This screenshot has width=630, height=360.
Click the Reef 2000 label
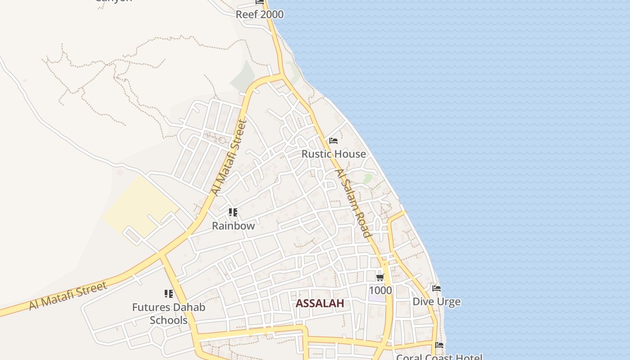[x=260, y=14]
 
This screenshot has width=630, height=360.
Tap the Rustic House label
[x=333, y=154]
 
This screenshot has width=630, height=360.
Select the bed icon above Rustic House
[x=333, y=141]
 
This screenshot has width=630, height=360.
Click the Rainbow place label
[x=233, y=226]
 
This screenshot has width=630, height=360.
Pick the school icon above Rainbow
[x=233, y=212]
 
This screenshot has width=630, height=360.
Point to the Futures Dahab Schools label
[x=169, y=314]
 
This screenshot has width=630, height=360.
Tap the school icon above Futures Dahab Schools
[x=169, y=294]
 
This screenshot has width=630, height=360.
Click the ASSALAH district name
[x=320, y=303]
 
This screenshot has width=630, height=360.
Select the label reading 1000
[x=380, y=290]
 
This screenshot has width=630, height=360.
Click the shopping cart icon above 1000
[x=380, y=277]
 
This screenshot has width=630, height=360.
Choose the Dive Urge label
[x=436, y=301]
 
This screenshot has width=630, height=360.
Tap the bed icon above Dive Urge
[x=436, y=288]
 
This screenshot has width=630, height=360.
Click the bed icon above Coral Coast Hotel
[x=439, y=345]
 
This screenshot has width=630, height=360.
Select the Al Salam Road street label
[x=354, y=203]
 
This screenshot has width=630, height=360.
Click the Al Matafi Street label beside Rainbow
[x=229, y=157]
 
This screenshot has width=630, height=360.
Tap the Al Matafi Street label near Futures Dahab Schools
[x=68, y=296]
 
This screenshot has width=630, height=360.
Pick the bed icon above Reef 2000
[x=260, y=2]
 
